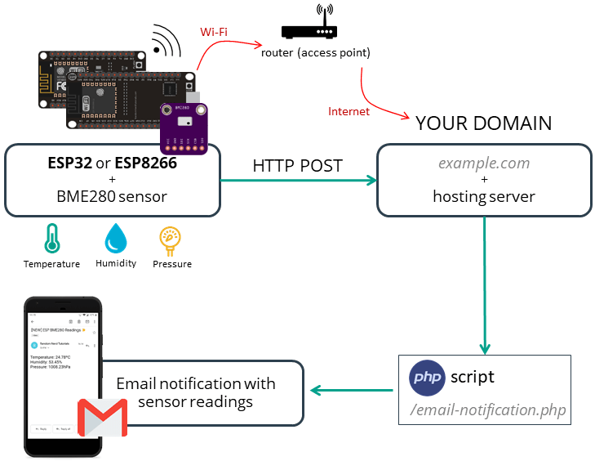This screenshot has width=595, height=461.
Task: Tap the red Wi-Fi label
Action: (x=214, y=32)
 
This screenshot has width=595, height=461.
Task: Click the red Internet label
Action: (x=349, y=111)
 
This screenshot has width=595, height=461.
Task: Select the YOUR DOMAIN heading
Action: (x=483, y=123)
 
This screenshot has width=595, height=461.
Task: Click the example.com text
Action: (x=483, y=163)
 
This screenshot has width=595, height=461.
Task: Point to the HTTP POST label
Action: (x=297, y=165)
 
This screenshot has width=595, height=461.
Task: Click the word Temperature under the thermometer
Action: (x=51, y=264)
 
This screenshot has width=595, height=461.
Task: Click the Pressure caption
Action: (x=172, y=264)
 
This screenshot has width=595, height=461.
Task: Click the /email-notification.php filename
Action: (x=488, y=409)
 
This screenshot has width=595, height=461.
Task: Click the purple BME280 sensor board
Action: (x=184, y=128)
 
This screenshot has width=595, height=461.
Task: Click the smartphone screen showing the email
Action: (x=61, y=372)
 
